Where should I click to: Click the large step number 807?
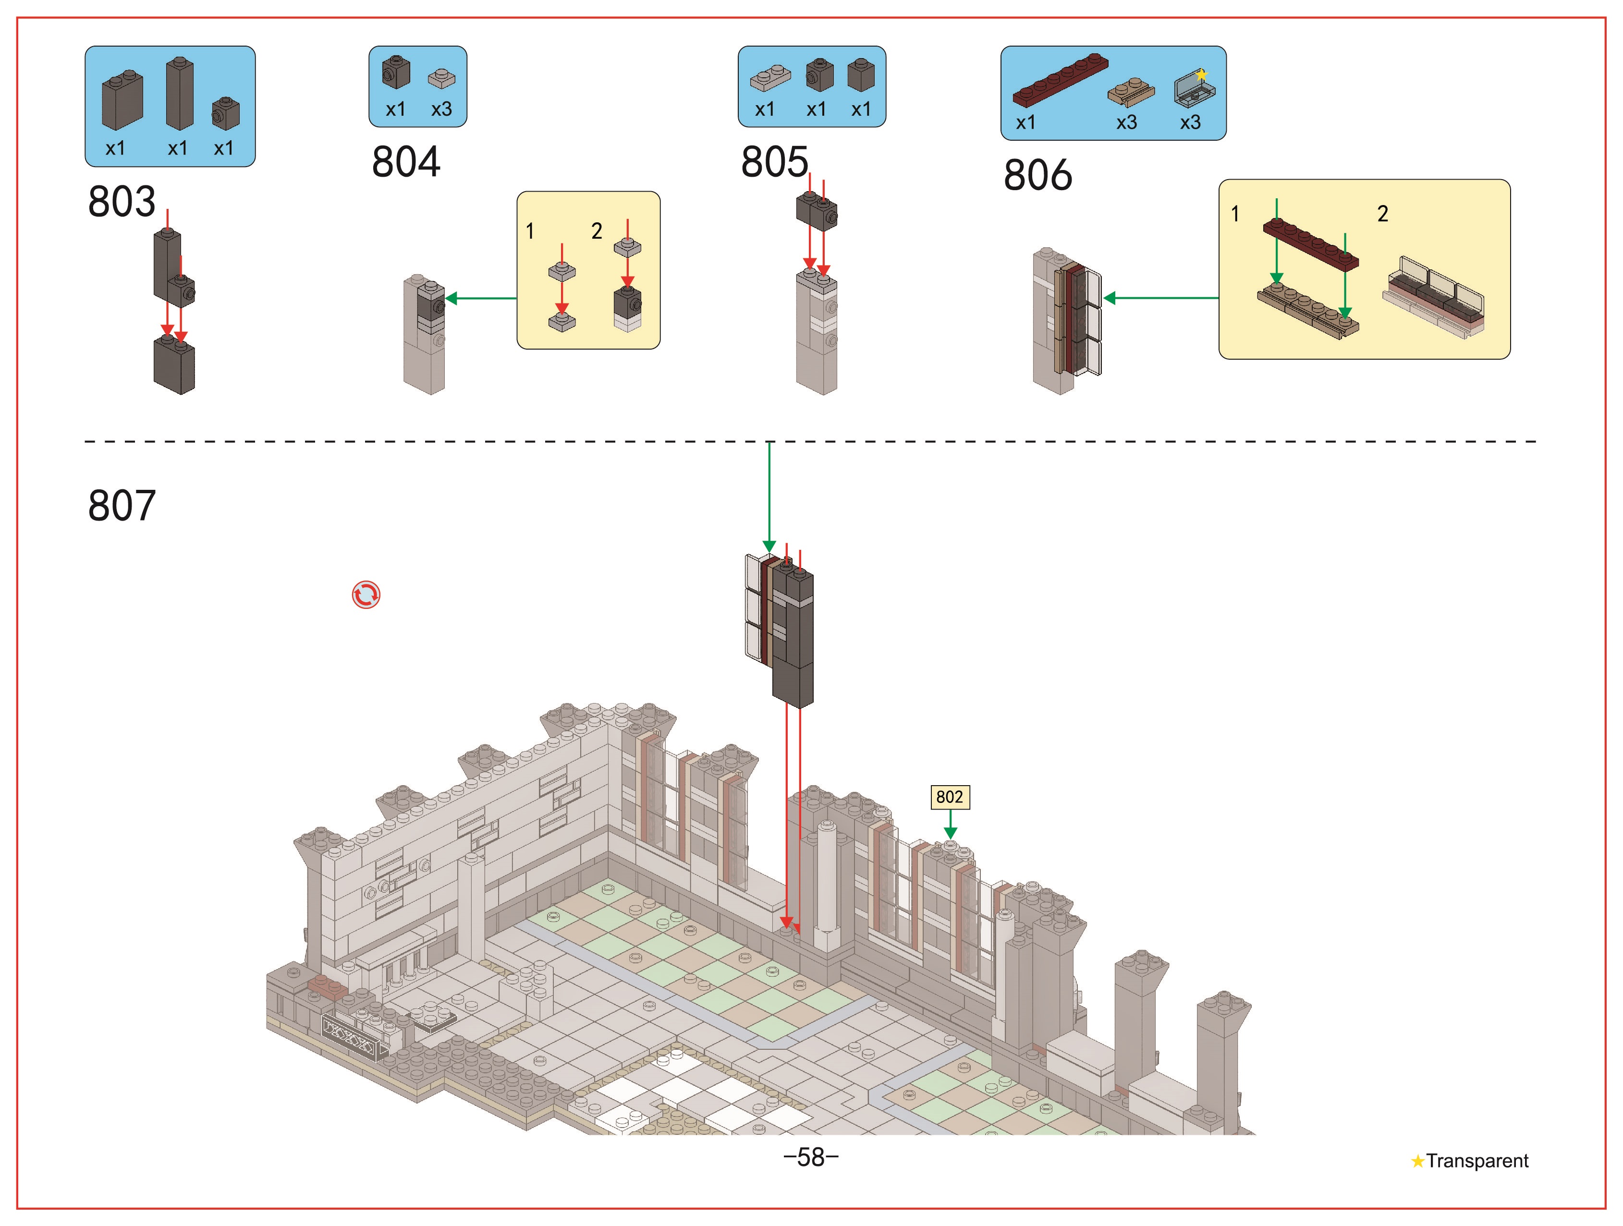coord(122,506)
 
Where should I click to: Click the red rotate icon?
coord(366,595)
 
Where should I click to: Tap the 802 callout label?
coord(950,797)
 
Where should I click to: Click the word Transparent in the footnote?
coord(1477,1161)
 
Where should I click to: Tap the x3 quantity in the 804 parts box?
coord(441,109)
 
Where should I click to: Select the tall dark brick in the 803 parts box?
coord(180,94)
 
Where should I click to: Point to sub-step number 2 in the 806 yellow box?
coord(1382,214)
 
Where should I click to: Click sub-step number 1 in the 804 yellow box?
coord(530,231)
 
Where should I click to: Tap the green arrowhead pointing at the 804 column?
coord(451,298)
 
